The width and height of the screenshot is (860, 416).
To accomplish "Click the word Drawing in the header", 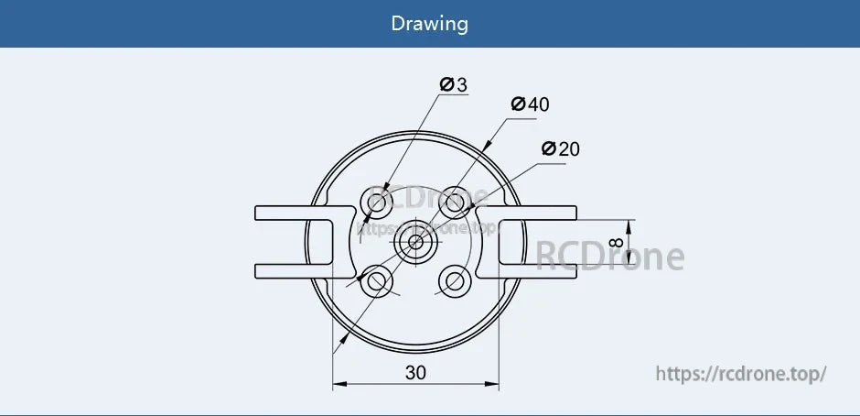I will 429,23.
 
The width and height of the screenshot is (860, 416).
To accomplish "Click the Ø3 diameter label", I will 453,85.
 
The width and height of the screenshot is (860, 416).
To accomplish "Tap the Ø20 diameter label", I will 560,148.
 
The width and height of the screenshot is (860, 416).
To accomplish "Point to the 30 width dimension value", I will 415,372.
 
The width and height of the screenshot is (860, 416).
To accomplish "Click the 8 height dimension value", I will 614,246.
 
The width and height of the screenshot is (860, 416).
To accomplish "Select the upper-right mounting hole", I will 455,201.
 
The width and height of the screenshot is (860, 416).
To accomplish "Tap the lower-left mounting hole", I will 376,280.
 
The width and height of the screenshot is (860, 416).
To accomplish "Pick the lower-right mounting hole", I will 455,279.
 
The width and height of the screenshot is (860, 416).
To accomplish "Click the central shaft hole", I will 415,241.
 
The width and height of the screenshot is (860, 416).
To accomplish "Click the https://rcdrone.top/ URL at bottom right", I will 742,374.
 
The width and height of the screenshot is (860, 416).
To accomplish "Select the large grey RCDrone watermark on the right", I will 609,257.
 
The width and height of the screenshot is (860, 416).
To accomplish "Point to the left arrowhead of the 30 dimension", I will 338,385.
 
